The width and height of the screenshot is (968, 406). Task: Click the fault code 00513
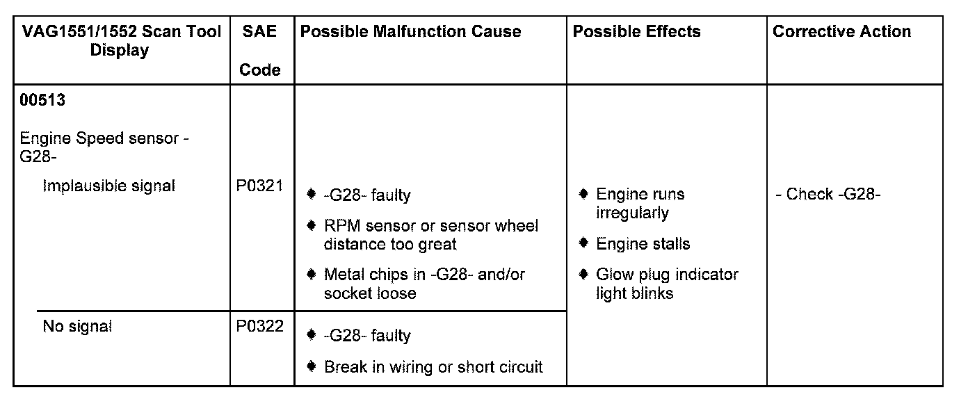43,100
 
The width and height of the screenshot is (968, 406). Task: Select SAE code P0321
260,186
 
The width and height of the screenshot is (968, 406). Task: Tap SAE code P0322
260,326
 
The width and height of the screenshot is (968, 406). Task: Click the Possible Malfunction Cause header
410,31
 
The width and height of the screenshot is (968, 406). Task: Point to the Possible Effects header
636,31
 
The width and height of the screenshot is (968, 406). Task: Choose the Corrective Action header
841,31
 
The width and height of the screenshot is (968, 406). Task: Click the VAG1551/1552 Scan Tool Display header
122,40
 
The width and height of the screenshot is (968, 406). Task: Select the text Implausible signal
109,186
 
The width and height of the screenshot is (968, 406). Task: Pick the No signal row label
77,326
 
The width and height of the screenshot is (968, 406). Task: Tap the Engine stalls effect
643,244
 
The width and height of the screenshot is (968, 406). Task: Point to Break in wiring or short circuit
433,367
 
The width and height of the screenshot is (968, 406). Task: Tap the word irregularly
632,213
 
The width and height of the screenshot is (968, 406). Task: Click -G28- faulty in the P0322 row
367,336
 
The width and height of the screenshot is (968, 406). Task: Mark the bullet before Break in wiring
312,366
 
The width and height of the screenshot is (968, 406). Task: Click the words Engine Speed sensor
99,138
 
